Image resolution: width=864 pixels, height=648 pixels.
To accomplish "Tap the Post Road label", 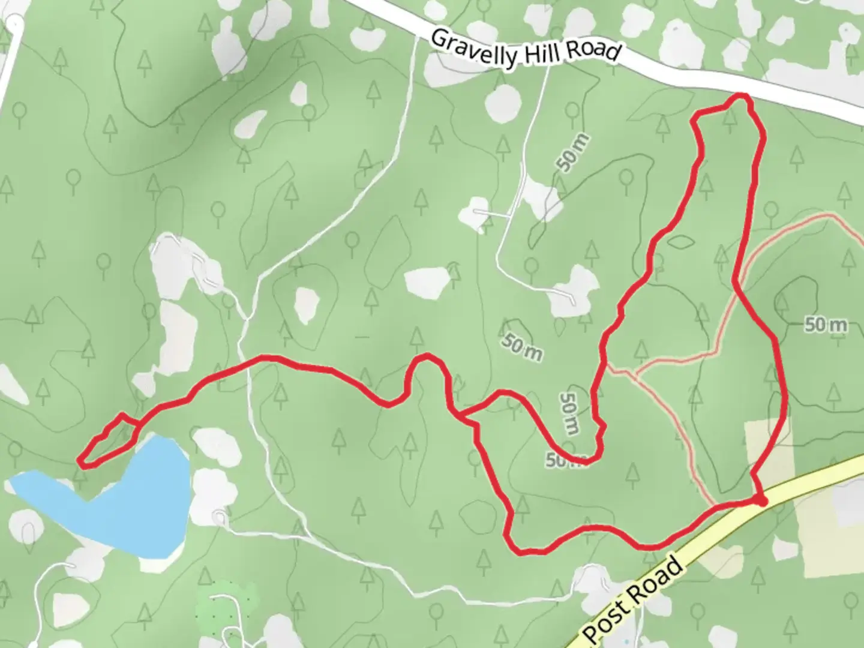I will [x=632, y=600].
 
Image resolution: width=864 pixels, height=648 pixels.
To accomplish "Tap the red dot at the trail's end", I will [x=760, y=500].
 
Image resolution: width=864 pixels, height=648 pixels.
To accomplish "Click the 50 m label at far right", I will [x=826, y=325].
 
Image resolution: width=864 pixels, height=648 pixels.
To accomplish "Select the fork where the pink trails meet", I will [x=635, y=375].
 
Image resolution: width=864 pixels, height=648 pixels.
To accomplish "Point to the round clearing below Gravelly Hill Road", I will [x=502, y=104].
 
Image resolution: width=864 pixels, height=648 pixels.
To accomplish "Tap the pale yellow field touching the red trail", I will [x=768, y=444].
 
